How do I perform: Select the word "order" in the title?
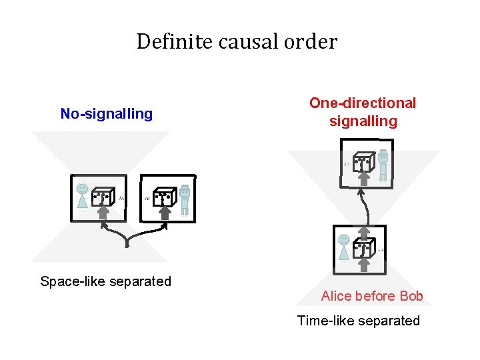pos(314,42)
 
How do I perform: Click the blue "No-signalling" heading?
pos(107,114)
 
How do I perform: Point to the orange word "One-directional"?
pos(363,103)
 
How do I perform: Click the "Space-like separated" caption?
pos(105,281)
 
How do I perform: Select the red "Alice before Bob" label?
pos(372,296)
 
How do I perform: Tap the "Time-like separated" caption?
pos(359,321)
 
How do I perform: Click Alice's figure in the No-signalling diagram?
pos(82,197)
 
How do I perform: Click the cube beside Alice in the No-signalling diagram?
pos(103,196)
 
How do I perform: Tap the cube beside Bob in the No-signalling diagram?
pos(164,196)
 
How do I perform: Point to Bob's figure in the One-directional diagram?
pos(383,164)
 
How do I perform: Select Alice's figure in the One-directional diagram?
pos(344,247)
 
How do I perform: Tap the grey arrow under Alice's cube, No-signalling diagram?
pos(103,213)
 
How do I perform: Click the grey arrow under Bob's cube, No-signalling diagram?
pos(164,213)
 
